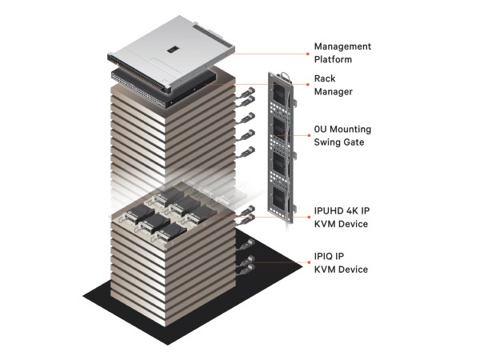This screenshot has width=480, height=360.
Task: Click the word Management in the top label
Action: click(x=342, y=46)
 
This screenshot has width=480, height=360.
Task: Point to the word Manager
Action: click(x=334, y=92)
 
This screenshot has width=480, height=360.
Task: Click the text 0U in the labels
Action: click(x=322, y=130)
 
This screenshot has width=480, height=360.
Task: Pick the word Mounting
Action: click(x=352, y=130)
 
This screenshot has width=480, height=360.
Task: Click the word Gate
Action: click(x=356, y=142)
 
